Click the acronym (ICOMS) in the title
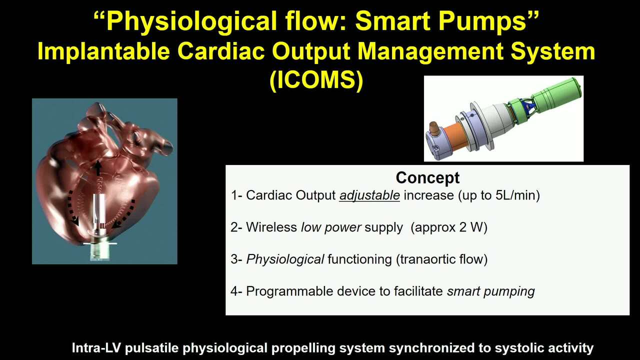(316, 80)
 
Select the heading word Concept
(427, 177)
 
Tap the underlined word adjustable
(369, 195)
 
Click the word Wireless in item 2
(271, 227)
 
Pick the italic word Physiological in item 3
(285, 259)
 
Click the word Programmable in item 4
(289, 291)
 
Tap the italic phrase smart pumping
(491, 291)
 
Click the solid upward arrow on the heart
(98, 167)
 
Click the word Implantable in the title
(103, 51)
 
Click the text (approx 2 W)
(449, 227)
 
